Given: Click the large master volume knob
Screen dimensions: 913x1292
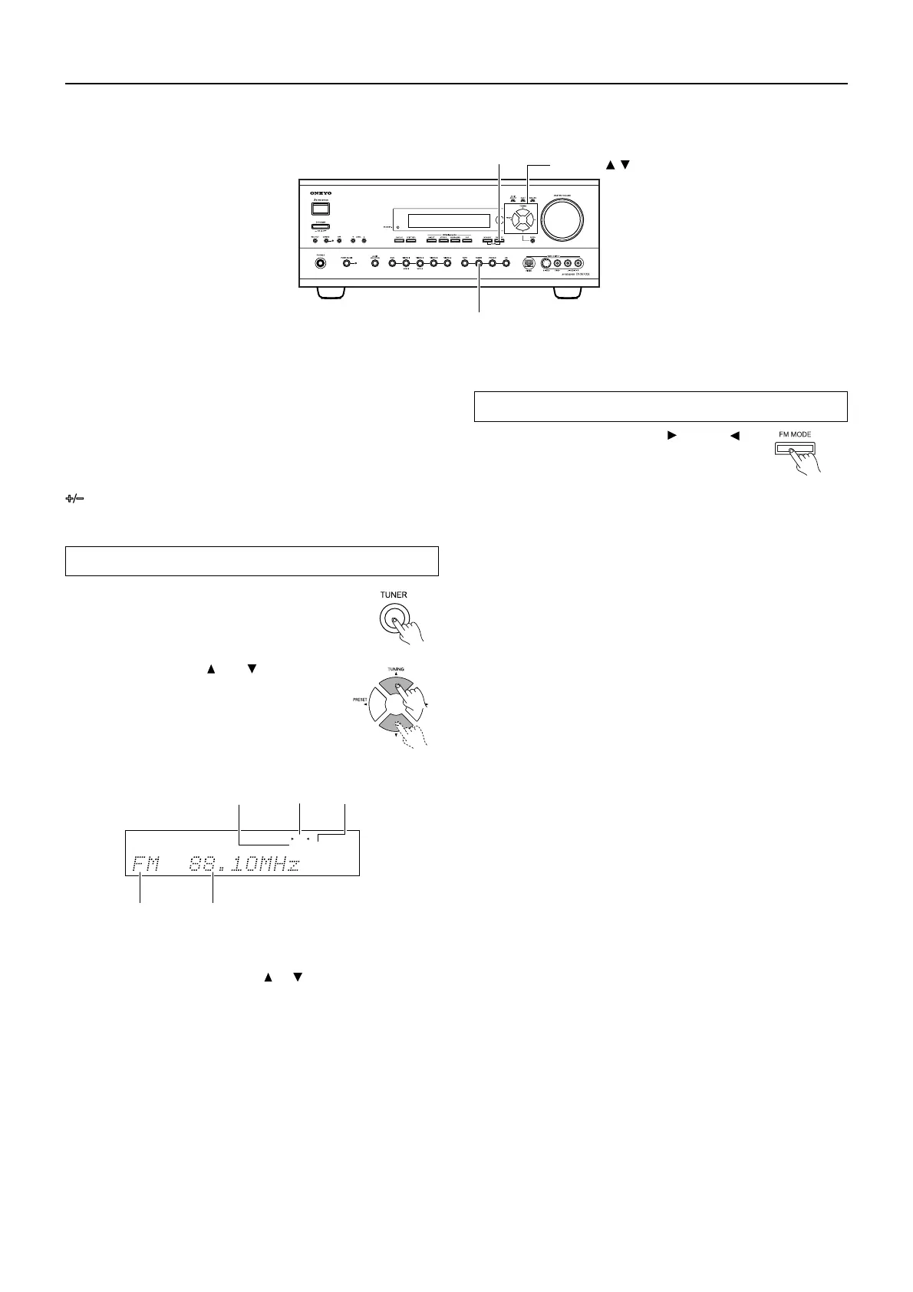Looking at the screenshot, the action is (567, 217).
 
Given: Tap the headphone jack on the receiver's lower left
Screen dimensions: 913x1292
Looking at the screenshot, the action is (319, 263).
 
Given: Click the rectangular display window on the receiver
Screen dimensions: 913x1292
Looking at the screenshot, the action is (449, 221).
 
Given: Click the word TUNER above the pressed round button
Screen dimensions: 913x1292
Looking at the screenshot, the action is (394, 595).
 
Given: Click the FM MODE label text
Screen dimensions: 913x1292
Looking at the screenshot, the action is (794, 434).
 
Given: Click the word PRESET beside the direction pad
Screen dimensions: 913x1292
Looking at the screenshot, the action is (360, 700).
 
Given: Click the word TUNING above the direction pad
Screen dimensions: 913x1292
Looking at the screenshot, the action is (395, 669).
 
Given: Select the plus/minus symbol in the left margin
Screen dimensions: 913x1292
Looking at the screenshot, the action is (73, 498).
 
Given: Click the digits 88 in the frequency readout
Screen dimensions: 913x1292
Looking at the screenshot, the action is (201, 865).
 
